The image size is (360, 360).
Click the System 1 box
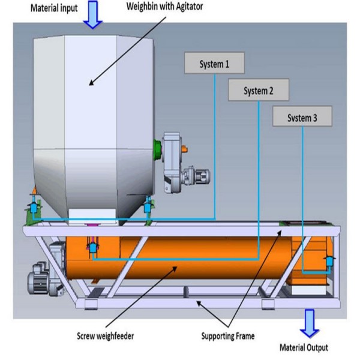pyautogui.click(x=214, y=63)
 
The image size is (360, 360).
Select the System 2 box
pyautogui.click(x=258, y=89)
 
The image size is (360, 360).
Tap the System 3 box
pyautogui.click(x=302, y=116)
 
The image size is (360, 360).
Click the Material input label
pyautogui.click(x=54, y=8)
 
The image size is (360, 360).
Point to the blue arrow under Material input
pyautogui.click(x=93, y=14)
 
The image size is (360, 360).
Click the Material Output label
pyautogui.click(x=304, y=347)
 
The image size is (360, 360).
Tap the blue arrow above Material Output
pyautogui.click(x=310, y=323)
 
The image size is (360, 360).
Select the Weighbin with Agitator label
pyautogui.click(x=164, y=7)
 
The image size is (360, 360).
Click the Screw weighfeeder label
pyautogui.click(x=105, y=336)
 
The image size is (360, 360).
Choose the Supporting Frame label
pyautogui.click(x=228, y=336)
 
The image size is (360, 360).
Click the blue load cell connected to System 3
pyautogui.click(x=329, y=261)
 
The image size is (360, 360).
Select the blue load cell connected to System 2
pyautogui.click(x=93, y=248)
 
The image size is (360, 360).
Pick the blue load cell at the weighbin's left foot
pyautogui.click(x=34, y=208)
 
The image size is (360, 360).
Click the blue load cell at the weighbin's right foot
pyautogui.click(x=148, y=208)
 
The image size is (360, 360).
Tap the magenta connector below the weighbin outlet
pyautogui.click(x=92, y=225)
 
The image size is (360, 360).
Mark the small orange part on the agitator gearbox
pyautogui.click(x=185, y=149)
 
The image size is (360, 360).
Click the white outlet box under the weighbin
pyautogui.click(x=92, y=216)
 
